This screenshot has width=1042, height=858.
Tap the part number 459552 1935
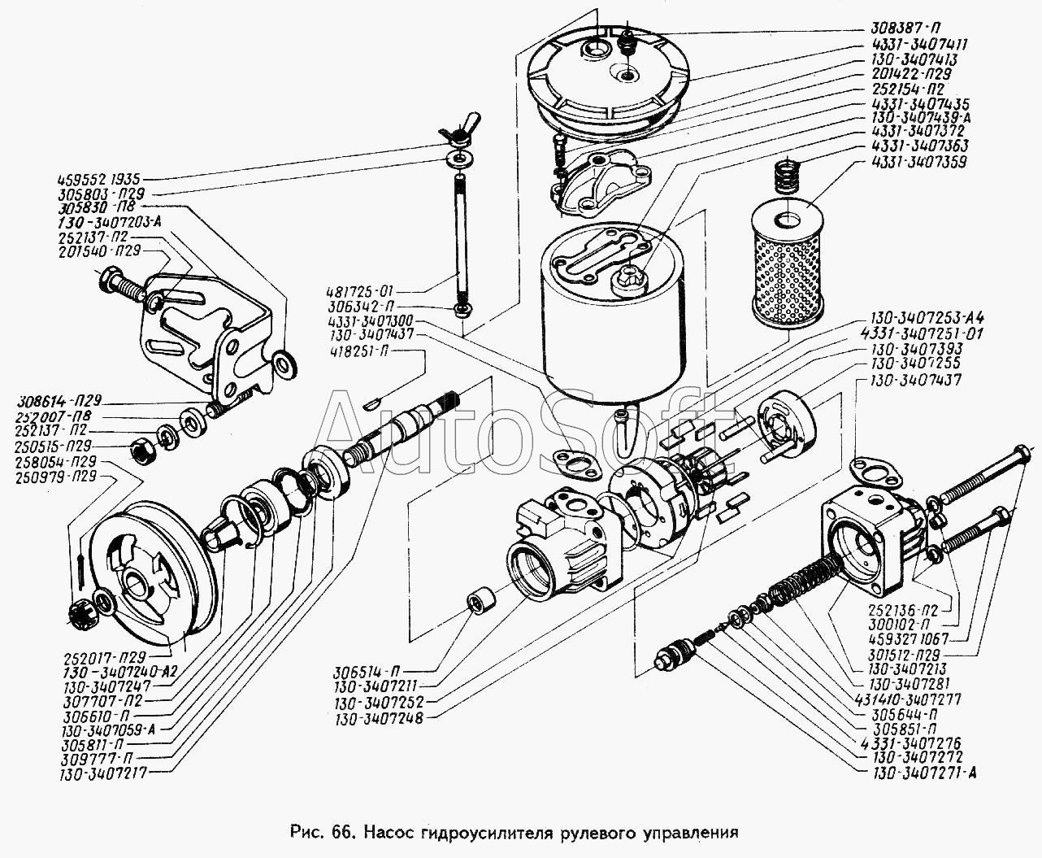point(105,179)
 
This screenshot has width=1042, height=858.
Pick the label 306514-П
point(366,672)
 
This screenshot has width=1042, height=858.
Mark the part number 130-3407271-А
point(923,771)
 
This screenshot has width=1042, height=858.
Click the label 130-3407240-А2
point(121,672)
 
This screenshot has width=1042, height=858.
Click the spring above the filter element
point(784,175)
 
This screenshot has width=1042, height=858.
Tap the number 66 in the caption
point(341,833)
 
